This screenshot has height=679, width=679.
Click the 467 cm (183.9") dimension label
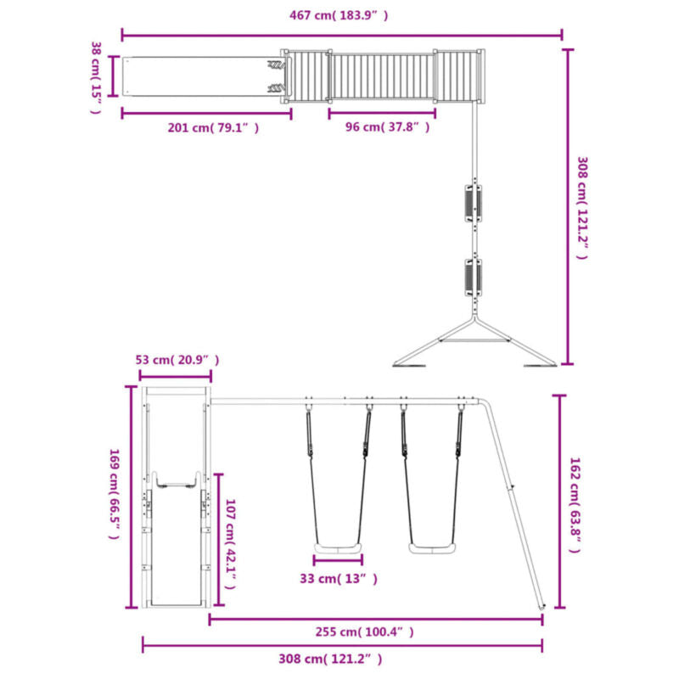pos(339,15)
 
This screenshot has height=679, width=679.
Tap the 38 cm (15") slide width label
pos(96,78)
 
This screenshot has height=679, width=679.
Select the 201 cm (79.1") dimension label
pos(214,128)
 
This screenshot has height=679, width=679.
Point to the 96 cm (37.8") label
pos(388,126)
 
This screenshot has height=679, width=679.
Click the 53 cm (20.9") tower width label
pos(177,360)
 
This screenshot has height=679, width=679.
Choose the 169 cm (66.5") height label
pos(114,494)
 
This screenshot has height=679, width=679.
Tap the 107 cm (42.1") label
pos(230,544)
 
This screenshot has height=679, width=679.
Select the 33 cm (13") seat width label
pos(339,579)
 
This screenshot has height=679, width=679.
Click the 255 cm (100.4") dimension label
pos(365,631)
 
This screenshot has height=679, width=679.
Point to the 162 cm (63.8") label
pos(575,505)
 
